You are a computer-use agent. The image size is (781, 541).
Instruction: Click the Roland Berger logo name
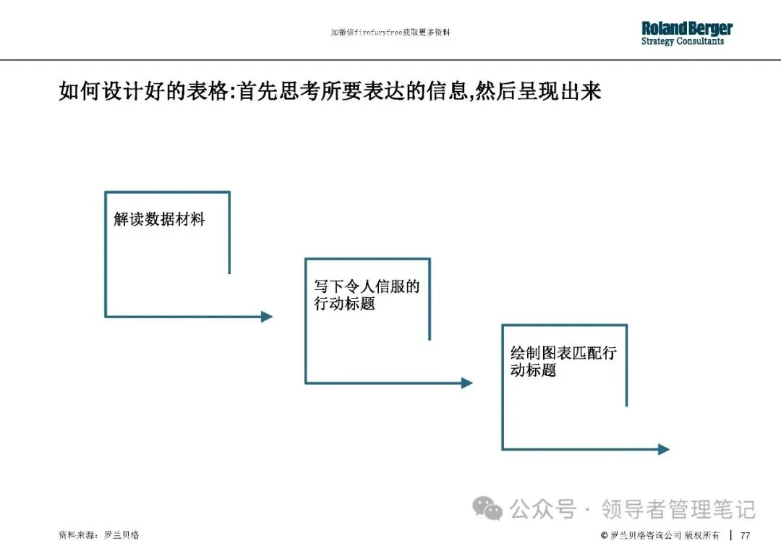(686, 28)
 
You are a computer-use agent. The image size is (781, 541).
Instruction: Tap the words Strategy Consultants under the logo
(682, 42)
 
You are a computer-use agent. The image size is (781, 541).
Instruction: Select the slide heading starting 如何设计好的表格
(330, 93)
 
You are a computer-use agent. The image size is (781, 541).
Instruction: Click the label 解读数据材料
(159, 219)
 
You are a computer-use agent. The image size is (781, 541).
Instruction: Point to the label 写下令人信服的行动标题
(366, 295)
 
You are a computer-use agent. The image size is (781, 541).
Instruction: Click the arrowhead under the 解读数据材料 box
(266, 316)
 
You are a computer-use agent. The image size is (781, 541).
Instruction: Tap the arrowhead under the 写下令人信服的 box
(466, 383)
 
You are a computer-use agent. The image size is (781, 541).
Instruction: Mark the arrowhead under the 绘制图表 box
(663, 449)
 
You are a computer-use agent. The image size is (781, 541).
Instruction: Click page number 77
(745, 535)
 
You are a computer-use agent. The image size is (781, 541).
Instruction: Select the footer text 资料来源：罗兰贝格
(98, 535)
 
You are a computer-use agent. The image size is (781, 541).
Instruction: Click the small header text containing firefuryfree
(390, 33)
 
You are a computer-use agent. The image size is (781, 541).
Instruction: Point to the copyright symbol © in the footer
(604, 535)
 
